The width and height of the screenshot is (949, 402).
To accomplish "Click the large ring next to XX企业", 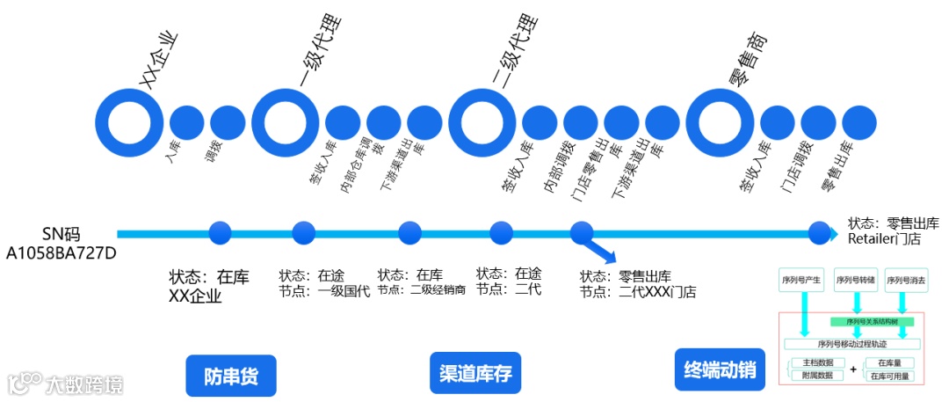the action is pos(129,120).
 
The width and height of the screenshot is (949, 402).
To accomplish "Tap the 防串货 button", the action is pos(230,376).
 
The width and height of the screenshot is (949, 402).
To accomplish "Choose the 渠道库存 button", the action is pos(474,374).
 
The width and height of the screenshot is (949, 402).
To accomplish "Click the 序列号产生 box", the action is pos(800,281).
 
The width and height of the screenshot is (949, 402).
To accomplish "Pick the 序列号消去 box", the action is pos(905,281).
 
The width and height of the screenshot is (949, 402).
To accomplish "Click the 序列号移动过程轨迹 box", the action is pos(852,344).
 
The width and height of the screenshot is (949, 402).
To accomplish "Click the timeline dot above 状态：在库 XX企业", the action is pos(220,233).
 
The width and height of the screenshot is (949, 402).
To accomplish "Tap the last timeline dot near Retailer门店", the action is pos(819,233).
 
